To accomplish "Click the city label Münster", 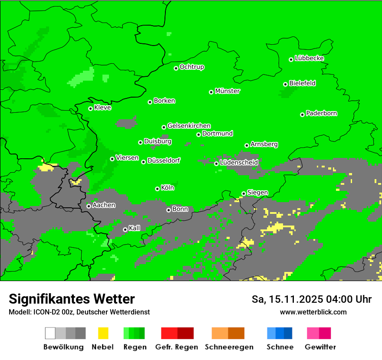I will click(x=227, y=91).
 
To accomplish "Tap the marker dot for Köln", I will click(x=157, y=189).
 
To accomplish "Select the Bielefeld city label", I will click(x=302, y=83).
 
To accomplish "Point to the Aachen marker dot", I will click(x=89, y=206).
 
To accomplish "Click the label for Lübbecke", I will click(x=309, y=58).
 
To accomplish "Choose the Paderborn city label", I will click(x=321, y=113).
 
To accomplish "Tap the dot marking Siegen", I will click(x=244, y=193).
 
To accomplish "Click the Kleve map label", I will click(x=102, y=108).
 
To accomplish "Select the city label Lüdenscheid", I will click(x=239, y=163).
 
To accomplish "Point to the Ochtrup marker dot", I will click(x=176, y=68).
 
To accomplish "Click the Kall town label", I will click(x=135, y=228).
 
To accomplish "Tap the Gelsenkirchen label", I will click(x=189, y=126).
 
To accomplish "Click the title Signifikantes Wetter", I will click(x=72, y=299).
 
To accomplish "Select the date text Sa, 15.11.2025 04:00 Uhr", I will click(x=311, y=299).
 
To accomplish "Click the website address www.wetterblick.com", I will click(x=313, y=312).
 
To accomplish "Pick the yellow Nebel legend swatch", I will click(x=103, y=333).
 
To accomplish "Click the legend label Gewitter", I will click(x=320, y=347).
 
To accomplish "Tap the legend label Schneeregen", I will click(x=229, y=347).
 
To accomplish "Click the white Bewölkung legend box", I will click(x=50, y=333).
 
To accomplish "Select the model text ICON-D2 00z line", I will click(x=79, y=312).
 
